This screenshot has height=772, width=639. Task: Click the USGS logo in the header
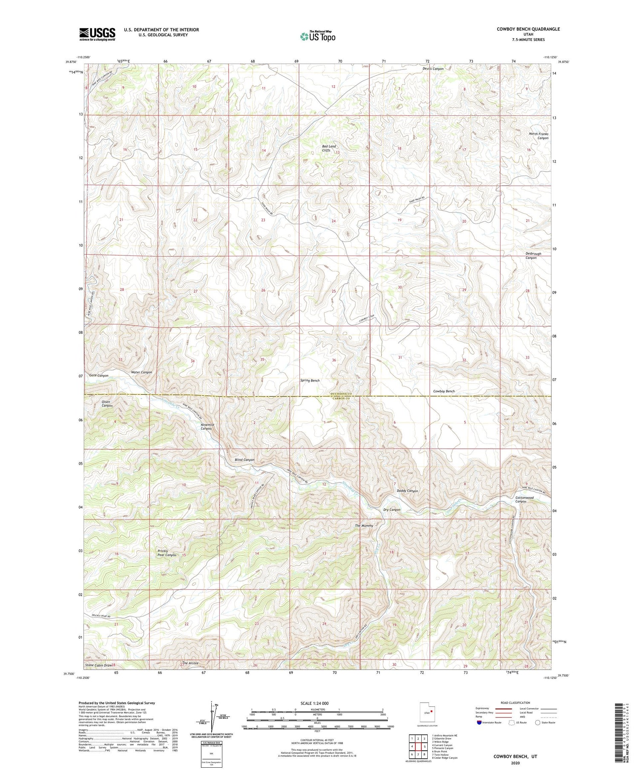(x=97, y=34)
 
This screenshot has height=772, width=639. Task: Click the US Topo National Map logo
(x=317, y=36)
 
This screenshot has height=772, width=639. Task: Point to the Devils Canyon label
(x=433, y=69)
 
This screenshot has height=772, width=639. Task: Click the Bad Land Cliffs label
(x=329, y=148)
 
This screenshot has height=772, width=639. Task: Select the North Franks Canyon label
(x=538, y=136)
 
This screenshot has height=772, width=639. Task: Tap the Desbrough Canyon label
(x=533, y=255)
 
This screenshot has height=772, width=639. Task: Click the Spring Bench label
(x=310, y=380)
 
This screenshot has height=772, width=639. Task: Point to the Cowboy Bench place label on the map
(x=444, y=391)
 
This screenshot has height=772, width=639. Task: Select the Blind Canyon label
(x=245, y=460)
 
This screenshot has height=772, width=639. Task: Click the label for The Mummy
(x=364, y=525)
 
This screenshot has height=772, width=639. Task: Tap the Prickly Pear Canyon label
(x=167, y=553)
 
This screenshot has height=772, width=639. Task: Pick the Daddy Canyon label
(x=407, y=491)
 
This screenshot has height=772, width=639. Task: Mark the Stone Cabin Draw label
(x=98, y=665)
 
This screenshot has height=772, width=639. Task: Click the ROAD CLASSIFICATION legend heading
(x=515, y=703)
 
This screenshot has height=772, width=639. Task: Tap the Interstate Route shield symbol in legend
(x=480, y=723)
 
